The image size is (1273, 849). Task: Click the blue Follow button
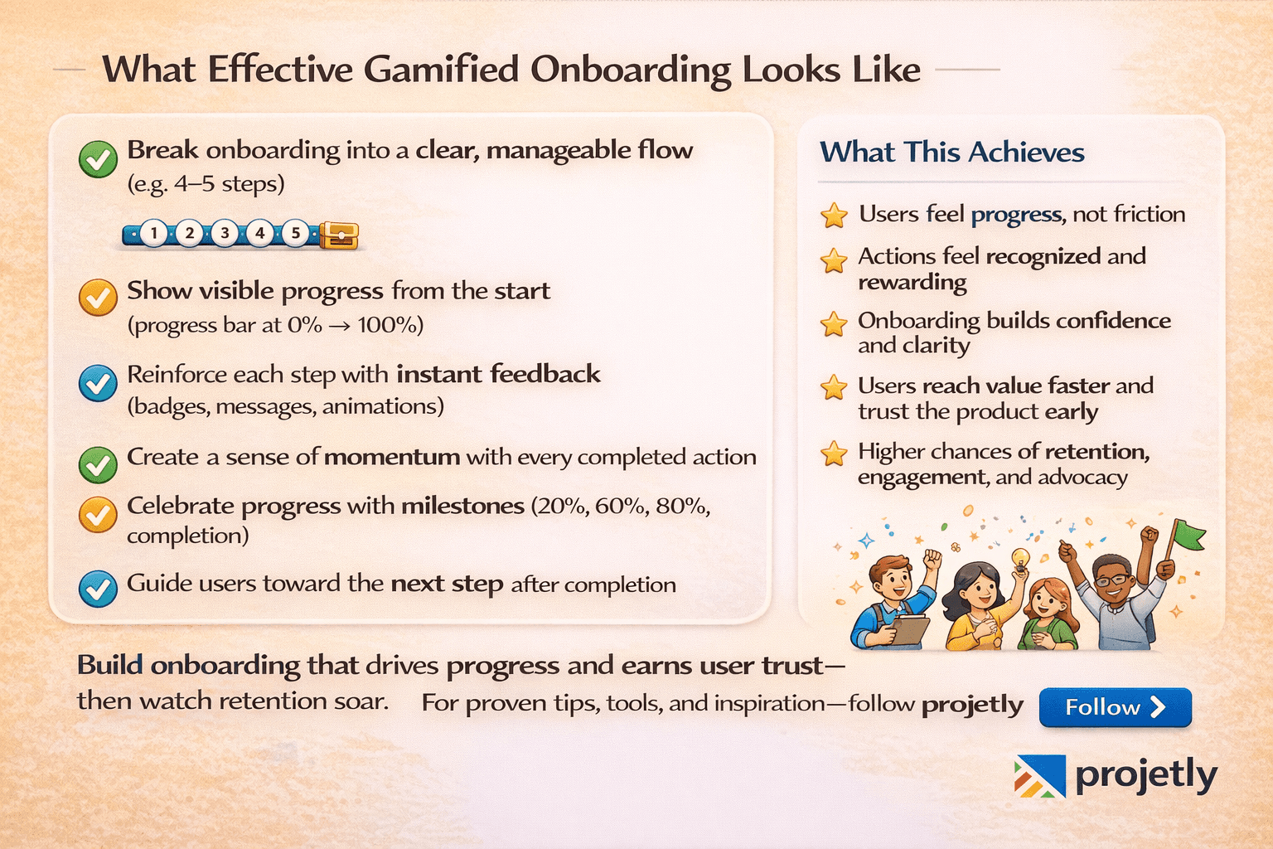coord(1115,707)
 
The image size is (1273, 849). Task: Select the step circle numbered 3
coord(225,233)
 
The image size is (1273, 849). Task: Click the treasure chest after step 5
coord(338,235)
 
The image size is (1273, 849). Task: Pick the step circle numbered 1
coord(153,233)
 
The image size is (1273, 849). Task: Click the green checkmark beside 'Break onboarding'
coord(98,158)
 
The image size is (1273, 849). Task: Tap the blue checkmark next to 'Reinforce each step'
coord(98,383)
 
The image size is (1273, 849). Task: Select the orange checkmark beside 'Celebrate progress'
coord(98,515)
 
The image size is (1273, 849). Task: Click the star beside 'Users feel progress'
coord(834,216)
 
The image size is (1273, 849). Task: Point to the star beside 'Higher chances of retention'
coord(834,454)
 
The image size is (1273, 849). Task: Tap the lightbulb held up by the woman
coord(1020,558)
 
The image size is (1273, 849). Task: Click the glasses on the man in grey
coord(1112,580)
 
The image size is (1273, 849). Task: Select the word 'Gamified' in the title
coord(442,70)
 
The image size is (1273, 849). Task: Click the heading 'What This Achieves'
coord(951,153)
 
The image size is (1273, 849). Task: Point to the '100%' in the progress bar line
coord(389,325)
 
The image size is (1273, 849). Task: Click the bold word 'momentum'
coord(392,457)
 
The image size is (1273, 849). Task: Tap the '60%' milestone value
coord(620,506)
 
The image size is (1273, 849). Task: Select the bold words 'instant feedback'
coord(498,374)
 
